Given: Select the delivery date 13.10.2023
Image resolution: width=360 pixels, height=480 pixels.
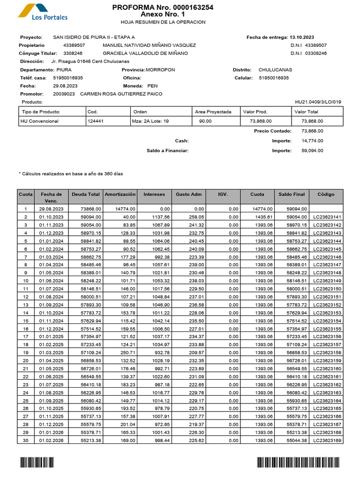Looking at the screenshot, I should click(x=302, y=37).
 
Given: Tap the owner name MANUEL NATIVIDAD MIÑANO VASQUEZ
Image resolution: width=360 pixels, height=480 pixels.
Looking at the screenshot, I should click(x=149, y=45).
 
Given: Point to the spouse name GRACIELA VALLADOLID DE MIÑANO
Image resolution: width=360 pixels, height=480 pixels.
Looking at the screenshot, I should click(x=145, y=53).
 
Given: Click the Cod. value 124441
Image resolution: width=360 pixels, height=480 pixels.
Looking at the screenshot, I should click(x=96, y=121).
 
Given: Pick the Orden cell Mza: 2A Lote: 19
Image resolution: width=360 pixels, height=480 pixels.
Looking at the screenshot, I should click(x=150, y=121).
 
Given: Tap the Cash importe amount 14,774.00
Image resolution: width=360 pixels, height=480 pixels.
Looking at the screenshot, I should click(x=312, y=141).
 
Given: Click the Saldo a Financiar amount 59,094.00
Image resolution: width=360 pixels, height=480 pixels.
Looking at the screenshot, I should click(x=312, y=150).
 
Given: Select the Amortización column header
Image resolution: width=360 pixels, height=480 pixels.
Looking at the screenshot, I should click(x=120, y=194).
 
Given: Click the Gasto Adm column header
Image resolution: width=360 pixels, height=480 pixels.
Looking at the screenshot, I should click(x=189, y=194).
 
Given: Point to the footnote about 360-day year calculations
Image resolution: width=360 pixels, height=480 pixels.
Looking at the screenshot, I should click(x=70, y=173).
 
